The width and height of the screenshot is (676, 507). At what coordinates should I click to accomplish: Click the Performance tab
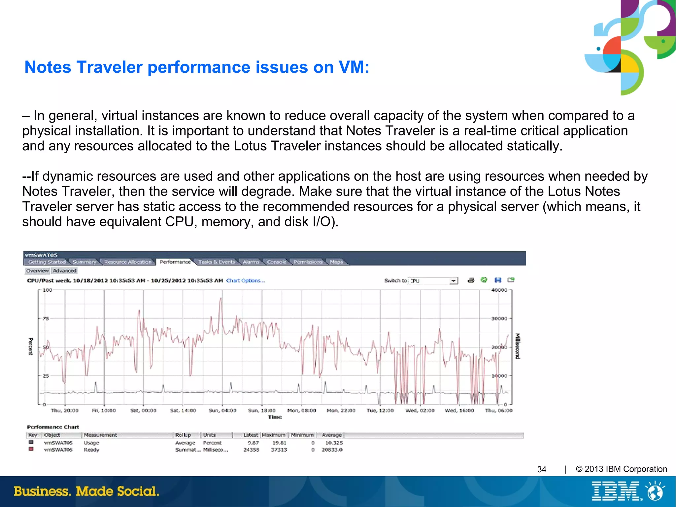pyautogui.click(x=175, y=262)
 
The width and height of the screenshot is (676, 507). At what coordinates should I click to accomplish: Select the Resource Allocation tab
pyautogui.click(x=127, y=262)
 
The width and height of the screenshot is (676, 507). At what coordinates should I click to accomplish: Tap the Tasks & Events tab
pyautogui.click(x=217, y=262)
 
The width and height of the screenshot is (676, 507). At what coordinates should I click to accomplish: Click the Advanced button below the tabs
pyautogui.click(x=65, y=271)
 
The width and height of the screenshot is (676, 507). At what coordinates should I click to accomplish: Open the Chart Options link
pyautogui.click(x=245, y=280)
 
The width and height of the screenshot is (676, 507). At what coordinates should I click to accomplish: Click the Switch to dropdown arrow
pyautogui.click(x=454, y=281)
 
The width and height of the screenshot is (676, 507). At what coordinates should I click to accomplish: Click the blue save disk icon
pyautogui.click(x=498, y=280)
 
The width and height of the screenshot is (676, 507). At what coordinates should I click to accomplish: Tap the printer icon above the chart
pyautogui.click(x=471, y=280)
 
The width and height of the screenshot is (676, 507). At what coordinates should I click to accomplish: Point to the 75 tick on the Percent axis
pyautogui.click(x=46, y=318)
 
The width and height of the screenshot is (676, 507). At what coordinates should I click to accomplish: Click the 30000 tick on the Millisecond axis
pyautogui.click(x=499, y=318)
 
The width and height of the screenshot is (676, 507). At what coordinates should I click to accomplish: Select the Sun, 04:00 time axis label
pyautogui.click(x=222, y=410)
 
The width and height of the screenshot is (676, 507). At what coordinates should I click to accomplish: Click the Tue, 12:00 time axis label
pyautogui.click(x=380, y=410)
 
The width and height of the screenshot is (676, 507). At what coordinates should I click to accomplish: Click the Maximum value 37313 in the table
pyautogui.click(x=279, y=450)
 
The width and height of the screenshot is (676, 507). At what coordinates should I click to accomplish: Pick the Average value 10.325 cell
pyautogui.click(x=334, y=443)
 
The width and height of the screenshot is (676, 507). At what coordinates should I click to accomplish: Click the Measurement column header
pyautogui.click(x=100, y=435)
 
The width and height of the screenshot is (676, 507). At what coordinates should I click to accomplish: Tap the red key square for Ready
pyautogui.click(x=31, y=449)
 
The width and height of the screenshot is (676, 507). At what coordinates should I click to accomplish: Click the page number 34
pyautogui.click(x=542, y=469)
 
